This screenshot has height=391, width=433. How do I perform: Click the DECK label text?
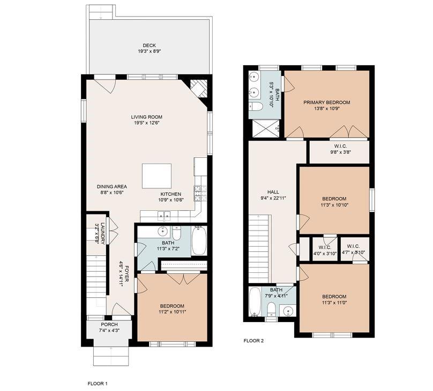(149, 45)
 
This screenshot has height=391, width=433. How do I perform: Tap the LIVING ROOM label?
(147, 117)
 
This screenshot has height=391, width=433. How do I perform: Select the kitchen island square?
(156, 176)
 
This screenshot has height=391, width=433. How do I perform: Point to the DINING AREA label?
(111, 187)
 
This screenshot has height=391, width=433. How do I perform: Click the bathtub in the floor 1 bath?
(199, 241)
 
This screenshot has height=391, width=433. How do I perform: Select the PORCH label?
(109, 325)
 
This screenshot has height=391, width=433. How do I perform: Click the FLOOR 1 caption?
(98, 384)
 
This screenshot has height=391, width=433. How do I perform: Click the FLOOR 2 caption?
(253, 341)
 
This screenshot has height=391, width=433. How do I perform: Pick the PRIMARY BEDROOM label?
(326, 103)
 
